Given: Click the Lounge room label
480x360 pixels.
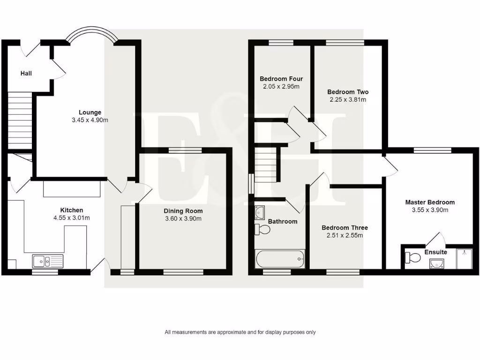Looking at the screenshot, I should (x=90, y=112).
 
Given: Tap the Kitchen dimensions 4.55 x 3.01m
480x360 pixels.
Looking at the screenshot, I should (x=71, y=217).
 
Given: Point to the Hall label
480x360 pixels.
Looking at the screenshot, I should (x=26, y=74).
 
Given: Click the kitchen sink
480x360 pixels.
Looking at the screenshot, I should (x=47, y=261).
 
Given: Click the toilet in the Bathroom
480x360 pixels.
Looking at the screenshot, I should (x=262, y=230).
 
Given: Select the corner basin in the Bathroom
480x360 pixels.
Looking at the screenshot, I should (x=260, y=213).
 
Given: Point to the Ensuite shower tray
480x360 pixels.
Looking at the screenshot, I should (x=464, y=258).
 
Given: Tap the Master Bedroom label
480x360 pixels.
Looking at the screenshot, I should (x=430, y=202).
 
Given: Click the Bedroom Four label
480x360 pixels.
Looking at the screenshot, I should (x=279, y=79).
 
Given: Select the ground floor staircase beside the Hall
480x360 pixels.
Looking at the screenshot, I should (x=19, y=119).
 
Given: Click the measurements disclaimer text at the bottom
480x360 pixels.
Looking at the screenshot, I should (x=240, y=332).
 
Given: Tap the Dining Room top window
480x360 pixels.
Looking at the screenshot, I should (x=185, y=150).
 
